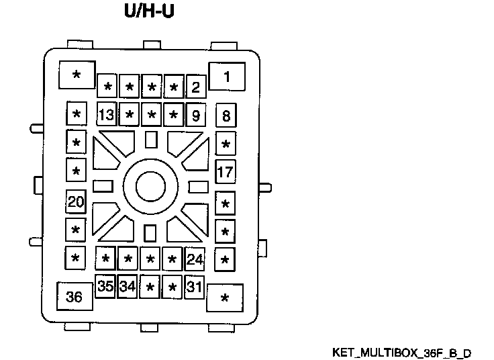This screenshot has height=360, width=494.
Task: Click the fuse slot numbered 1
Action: pyautogui.click(x=226, y=77)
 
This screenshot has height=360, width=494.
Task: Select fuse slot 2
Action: pyautogui.click(x=195, y=87)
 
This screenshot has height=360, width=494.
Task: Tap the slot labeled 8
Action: pyautogui.click(x=226, y=116)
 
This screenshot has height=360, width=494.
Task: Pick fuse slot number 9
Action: pyautogui.click(x=195, y=115)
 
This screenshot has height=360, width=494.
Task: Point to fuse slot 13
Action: pyautogui.click(x=106, y=115)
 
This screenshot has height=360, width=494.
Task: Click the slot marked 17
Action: pyautogui.click(x=226, y=171)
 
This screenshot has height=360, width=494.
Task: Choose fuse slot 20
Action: pyautogui.click(x=76, y=201)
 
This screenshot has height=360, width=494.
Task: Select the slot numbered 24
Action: pyautogui.click(x=195, y=259)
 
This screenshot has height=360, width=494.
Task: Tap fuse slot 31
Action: pyautogui.click(x=195, y=287)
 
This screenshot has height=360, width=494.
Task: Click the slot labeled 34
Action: pyautogui.click(x=128, y=287)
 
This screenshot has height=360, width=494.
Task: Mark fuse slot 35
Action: pyautogui.click(x=105, y=287)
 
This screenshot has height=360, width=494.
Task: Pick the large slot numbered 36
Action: pyautogui.click(x=75, y=296)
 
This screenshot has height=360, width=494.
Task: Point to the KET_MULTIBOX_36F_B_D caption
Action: pyautogui.click(x=401, y=353)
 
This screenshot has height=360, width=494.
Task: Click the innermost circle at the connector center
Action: pyautogui.click(x=150, y=185)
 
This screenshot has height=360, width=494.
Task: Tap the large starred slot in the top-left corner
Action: pyautogui.click(x=76, y=75)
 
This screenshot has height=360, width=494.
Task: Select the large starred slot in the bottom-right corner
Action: pyautogui.click(x=225, y=298)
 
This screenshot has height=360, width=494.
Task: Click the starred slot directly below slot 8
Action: pyautogui.click(x=226, y=144)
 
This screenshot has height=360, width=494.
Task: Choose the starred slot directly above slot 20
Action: pyautogui.click(x=76, y=171)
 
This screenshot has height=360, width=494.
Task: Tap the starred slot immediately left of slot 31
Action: pyautogui.click(x=172, y=287)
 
